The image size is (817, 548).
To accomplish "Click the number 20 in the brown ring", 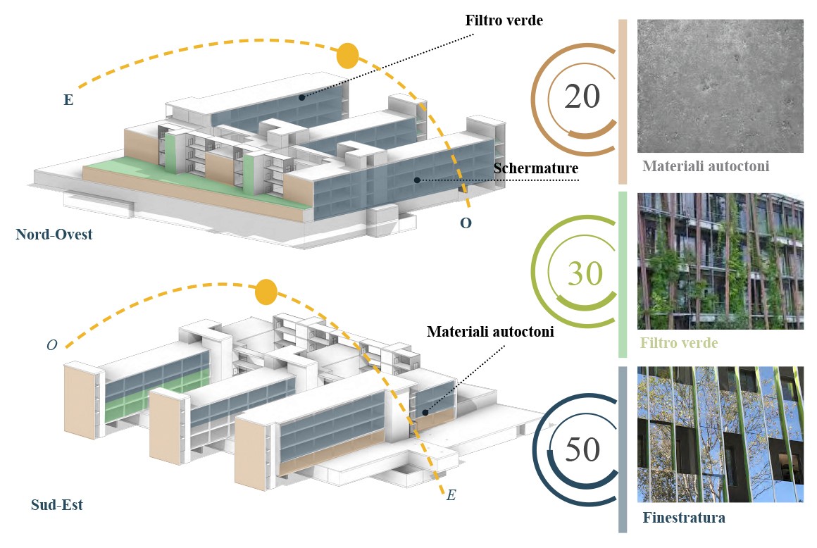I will pos(582,96).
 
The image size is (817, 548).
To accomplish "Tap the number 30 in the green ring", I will pos(585,273).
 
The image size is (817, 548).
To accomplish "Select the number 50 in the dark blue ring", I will pos(582,450).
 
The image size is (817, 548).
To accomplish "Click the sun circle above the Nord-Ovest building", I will pos(347,56).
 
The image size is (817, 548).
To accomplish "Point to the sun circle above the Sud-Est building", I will pos(266,292).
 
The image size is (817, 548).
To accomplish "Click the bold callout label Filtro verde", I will pos(504,20).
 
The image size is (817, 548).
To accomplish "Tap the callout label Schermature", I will pos(536,169).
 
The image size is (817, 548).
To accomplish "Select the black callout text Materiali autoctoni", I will pos(490,331).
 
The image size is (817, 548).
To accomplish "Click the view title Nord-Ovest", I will pos(54,235).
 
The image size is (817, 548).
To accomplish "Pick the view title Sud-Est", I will pos(57,504).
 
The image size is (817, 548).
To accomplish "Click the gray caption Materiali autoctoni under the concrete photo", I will pos(705,167).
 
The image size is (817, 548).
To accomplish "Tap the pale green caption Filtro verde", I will pos(680,344).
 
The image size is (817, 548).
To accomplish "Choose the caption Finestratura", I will pos(684,518).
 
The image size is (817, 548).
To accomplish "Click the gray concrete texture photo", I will pos(720,85).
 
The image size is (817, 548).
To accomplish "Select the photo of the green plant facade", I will pos(720,261).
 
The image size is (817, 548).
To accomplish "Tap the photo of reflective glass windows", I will pos(720,434).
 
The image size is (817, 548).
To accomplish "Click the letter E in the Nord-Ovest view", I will pos(68,100).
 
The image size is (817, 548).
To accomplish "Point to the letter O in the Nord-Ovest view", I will pos(466,223).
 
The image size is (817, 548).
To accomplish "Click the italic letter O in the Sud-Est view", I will pos(51,345).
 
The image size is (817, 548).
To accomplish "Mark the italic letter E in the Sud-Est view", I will pos(451,496).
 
